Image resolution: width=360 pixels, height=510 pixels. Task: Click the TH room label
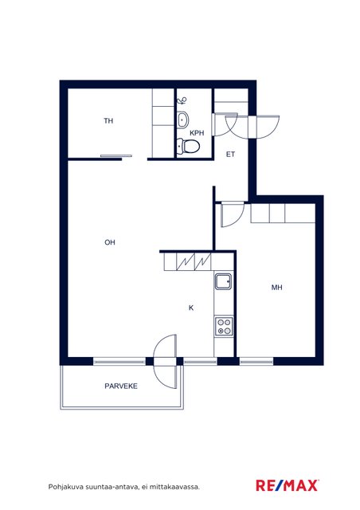coord(108,121)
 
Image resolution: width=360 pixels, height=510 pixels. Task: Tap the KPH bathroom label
coord(197,133)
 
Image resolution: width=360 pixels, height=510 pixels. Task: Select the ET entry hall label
coord(230,154)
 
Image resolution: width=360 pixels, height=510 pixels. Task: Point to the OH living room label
coord(110,242)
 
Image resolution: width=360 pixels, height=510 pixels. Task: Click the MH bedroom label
coord(276,287)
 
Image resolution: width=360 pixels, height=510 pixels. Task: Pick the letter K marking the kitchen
coord(191,308)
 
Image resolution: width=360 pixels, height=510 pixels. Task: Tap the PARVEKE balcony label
coord(121,386)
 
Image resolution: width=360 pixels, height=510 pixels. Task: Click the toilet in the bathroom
coord(188,146)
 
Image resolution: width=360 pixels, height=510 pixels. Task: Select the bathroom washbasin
coord(182,120)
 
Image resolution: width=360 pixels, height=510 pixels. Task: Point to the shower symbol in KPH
coord(182,100)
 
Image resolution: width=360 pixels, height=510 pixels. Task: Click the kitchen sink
coord(223,281)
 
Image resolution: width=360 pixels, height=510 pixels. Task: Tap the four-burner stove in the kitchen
coord(224,327)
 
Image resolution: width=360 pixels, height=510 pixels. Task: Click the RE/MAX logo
coord(288,485)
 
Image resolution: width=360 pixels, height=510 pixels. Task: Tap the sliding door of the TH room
coord(116,156)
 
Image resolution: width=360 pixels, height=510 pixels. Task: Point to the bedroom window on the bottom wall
coord(256,361)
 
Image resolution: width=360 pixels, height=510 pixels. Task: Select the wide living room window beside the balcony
coord(119,361)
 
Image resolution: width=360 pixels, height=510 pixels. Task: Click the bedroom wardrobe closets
coord(283,214)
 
